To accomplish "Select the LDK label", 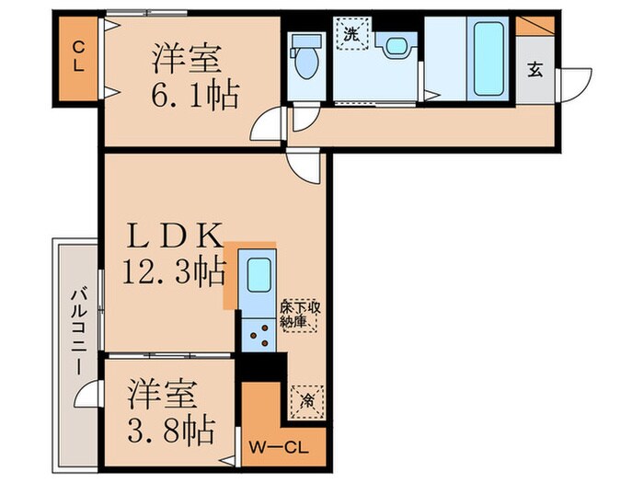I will coord(175,238).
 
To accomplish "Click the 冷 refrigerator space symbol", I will coord(305,399).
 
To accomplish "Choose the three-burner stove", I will coord(257,335).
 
